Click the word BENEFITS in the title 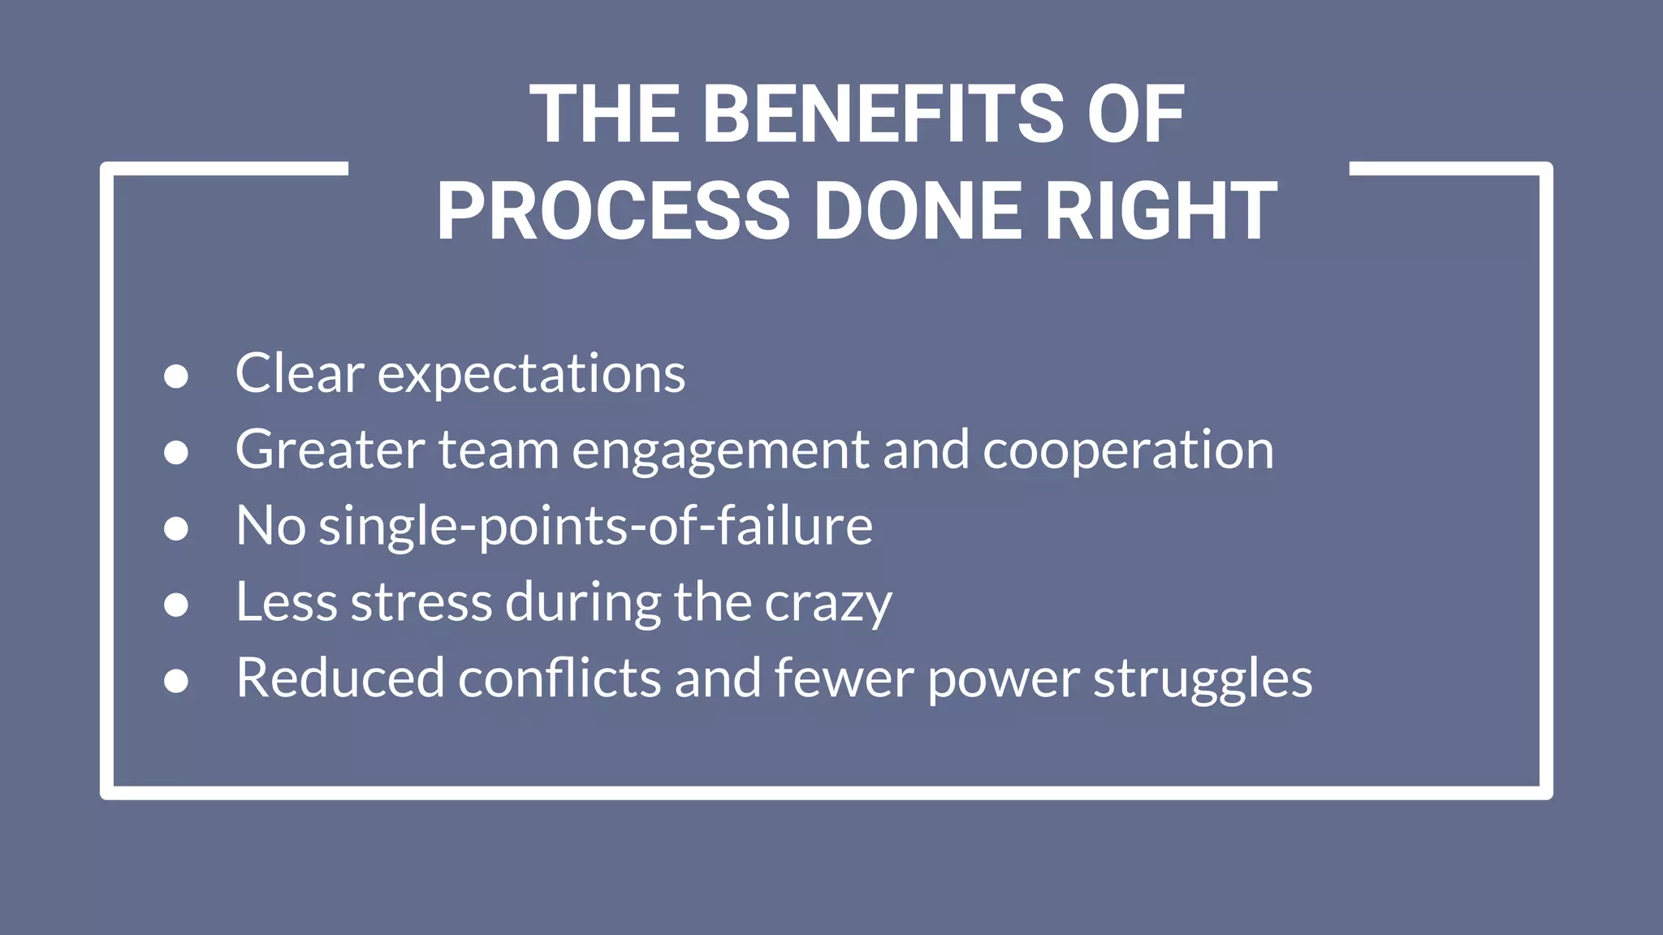click(883, 115)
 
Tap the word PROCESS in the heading click(613, 211)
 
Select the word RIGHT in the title click(1160, 211)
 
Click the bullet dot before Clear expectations click(176, 377)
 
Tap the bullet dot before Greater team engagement click(176, 452)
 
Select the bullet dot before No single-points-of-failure click(176, 528)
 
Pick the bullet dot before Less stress click(176, 605)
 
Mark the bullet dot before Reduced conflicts click(176, 680)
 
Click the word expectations click(531, 375)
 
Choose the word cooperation click(1128, 450)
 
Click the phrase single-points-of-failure click(595, 527)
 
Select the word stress click(421, 603)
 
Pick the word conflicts click(559, 679)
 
